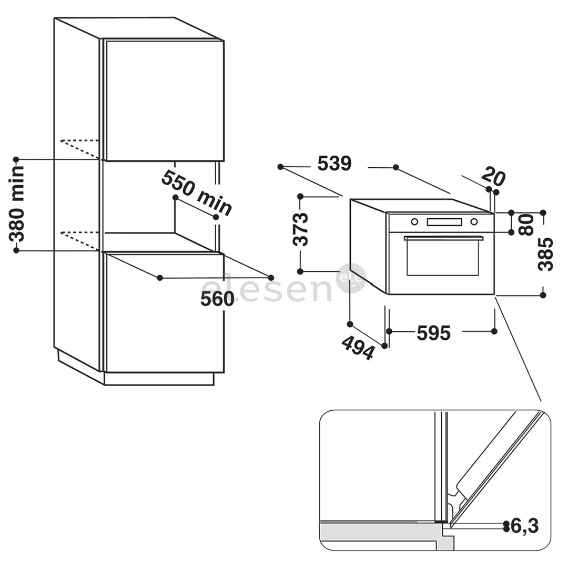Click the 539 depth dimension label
pyautogui.click(x=334, y=164)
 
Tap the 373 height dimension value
pyautogui.click(x=301, y=229)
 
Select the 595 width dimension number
pyautogui.click(x=433, y=333)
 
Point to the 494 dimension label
pyautogui.click(x=358, y=348)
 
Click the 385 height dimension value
pyautogui.click(x=545, y=254)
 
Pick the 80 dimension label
pyautogui.click(x=526, y=225)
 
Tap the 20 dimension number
pyautogui.click(x=493, y=176)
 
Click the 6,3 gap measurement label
pyautogui.click(x=524, y=525)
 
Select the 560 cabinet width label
pyautogui.click(x=217, y=299)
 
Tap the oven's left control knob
pyautogui.click(x=414, y=222)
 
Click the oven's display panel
pyautogui.click(x=444, y=222)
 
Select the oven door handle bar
pyautogui.click(x=443, y=238)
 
